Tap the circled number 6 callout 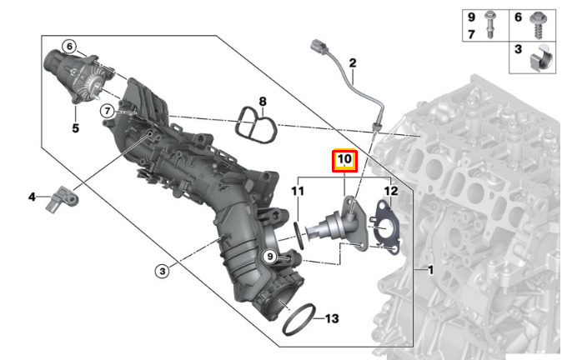(x=69, y=46)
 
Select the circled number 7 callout (x=108, y=111)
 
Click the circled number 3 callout (x=163, y=271)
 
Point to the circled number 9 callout (x=270, y=256)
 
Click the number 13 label (x=332, y=318)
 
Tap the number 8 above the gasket (x=263, y=102)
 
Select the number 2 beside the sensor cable (x=353, y=63)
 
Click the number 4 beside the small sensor (x=32, y=197)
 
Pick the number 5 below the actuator (x=75, y=127)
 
